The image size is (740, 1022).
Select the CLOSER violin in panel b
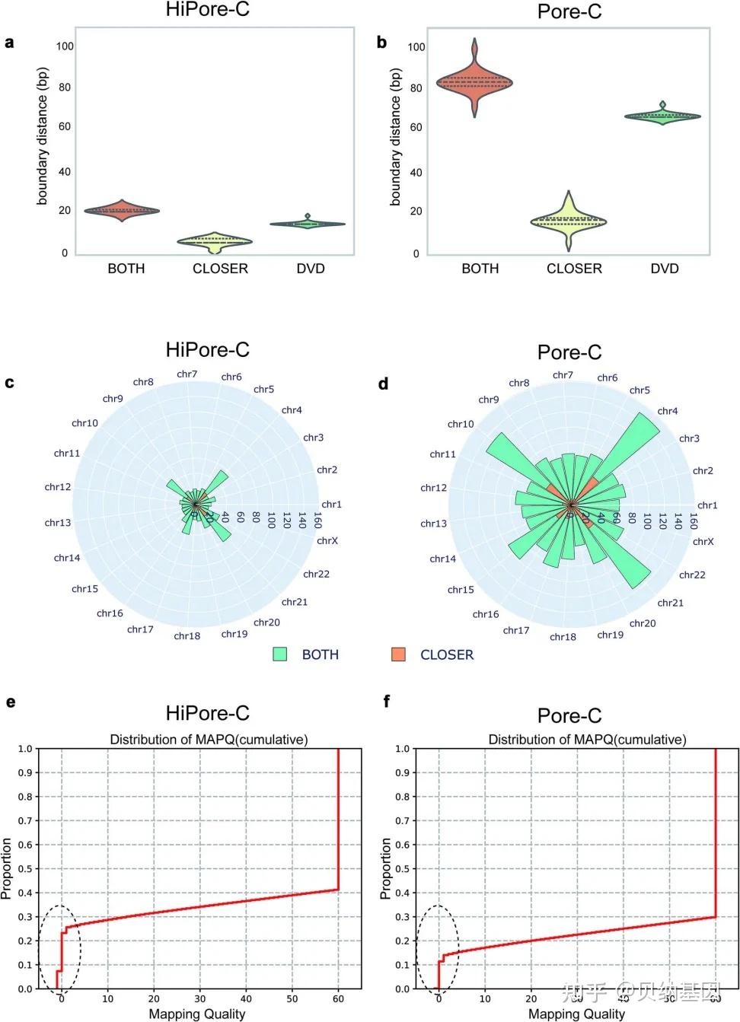point(569,221)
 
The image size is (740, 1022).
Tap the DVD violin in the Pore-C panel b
point(662,116)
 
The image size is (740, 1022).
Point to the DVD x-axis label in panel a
point(311,269)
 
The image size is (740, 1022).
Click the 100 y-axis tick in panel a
point(65,46)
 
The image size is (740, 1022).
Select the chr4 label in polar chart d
point(668,411)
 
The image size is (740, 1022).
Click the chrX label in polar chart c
point(327,541)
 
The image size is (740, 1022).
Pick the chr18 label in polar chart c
point(187,636)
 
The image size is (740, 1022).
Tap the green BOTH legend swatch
point(280,654)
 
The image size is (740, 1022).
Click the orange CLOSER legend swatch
point(398,654)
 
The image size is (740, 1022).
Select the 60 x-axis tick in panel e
point(338,999)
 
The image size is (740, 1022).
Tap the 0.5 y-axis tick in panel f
point(403,869)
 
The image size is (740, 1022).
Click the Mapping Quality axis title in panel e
point(197,1014)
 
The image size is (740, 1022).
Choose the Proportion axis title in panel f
point(386,868)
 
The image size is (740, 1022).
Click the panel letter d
point(383,384)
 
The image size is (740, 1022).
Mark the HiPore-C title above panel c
point(207,350)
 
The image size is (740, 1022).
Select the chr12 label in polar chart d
point(434,488)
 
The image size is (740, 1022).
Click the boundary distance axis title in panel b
point(395,137)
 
